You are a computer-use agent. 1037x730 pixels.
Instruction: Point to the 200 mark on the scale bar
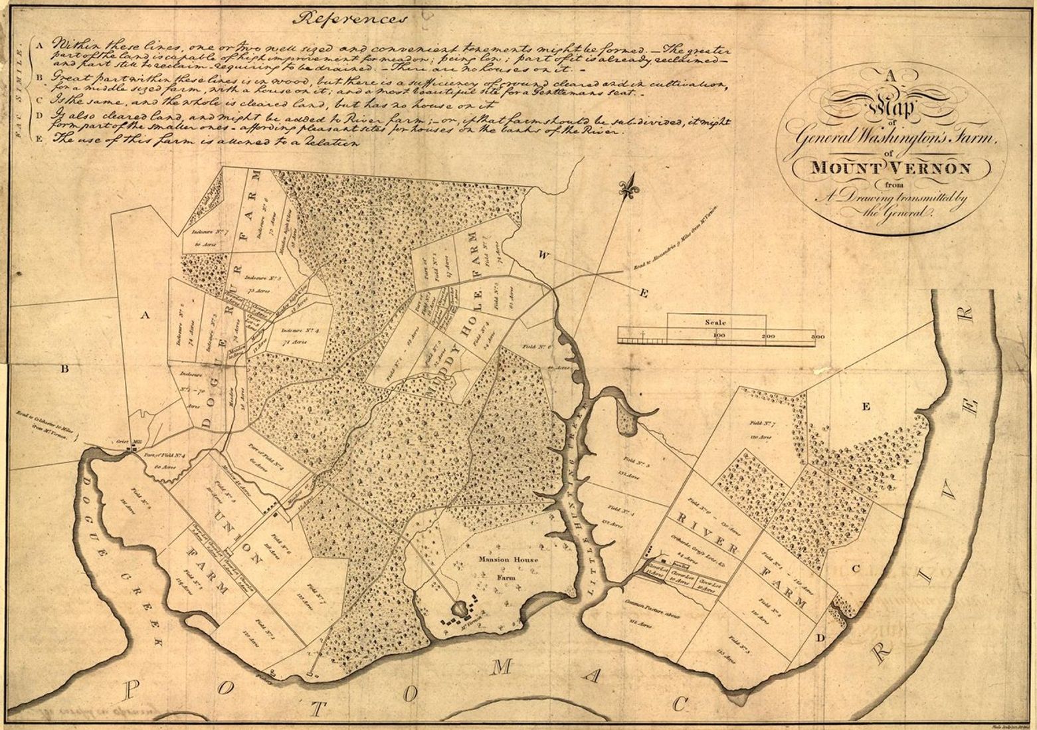pyautogui.click(x=768, y=337)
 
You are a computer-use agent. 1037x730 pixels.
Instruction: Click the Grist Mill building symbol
pyautogui.click(x=134, y=450)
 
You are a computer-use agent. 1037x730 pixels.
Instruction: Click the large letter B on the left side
pyautogui.click(x=65, y=371)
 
